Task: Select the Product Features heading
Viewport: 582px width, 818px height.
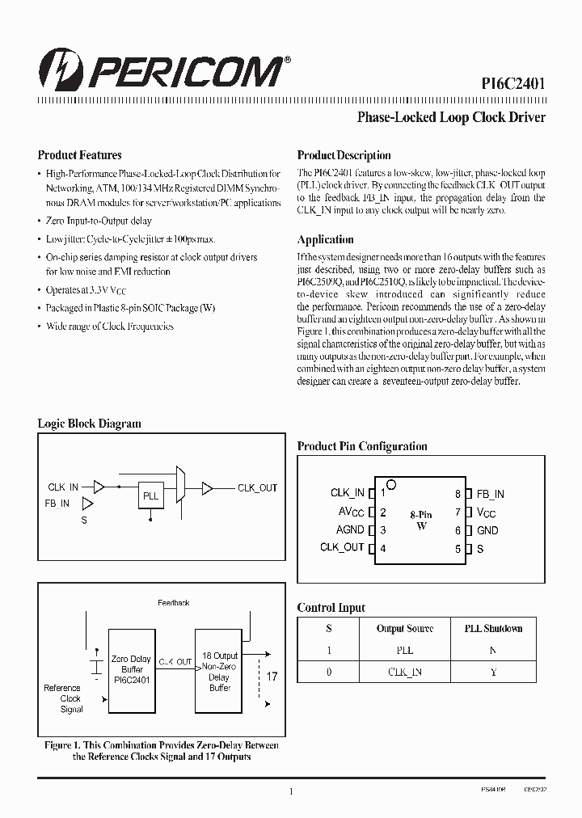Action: tap(79, 155)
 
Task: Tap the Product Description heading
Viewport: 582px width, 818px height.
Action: tap(344, 155)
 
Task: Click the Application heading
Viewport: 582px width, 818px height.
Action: tap(325, 239)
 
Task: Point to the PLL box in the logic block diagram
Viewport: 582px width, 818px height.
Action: tap(151, 496)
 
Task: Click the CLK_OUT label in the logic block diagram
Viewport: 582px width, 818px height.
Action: tap(257, 487)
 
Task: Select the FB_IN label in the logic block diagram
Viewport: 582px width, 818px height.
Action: tap(57, 503)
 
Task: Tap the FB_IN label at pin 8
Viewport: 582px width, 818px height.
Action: tap(490, 494)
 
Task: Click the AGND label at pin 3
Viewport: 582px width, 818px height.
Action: tap(350, 530)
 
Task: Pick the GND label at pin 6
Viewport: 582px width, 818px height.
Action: tap(487, 530)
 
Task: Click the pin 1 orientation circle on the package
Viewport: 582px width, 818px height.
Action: tap(391, 485)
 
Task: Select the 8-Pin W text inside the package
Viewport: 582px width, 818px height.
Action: tap(421, 520)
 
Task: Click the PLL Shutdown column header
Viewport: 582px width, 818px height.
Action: tap(493, 628)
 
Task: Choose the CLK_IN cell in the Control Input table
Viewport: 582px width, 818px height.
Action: tap(405, 671)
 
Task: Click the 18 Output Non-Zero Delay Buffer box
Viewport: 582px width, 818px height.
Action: tap(219, 672)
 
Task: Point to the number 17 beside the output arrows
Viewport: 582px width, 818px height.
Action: tap(272, 676)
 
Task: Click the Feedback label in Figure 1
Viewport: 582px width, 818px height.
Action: tap(173, 603)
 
